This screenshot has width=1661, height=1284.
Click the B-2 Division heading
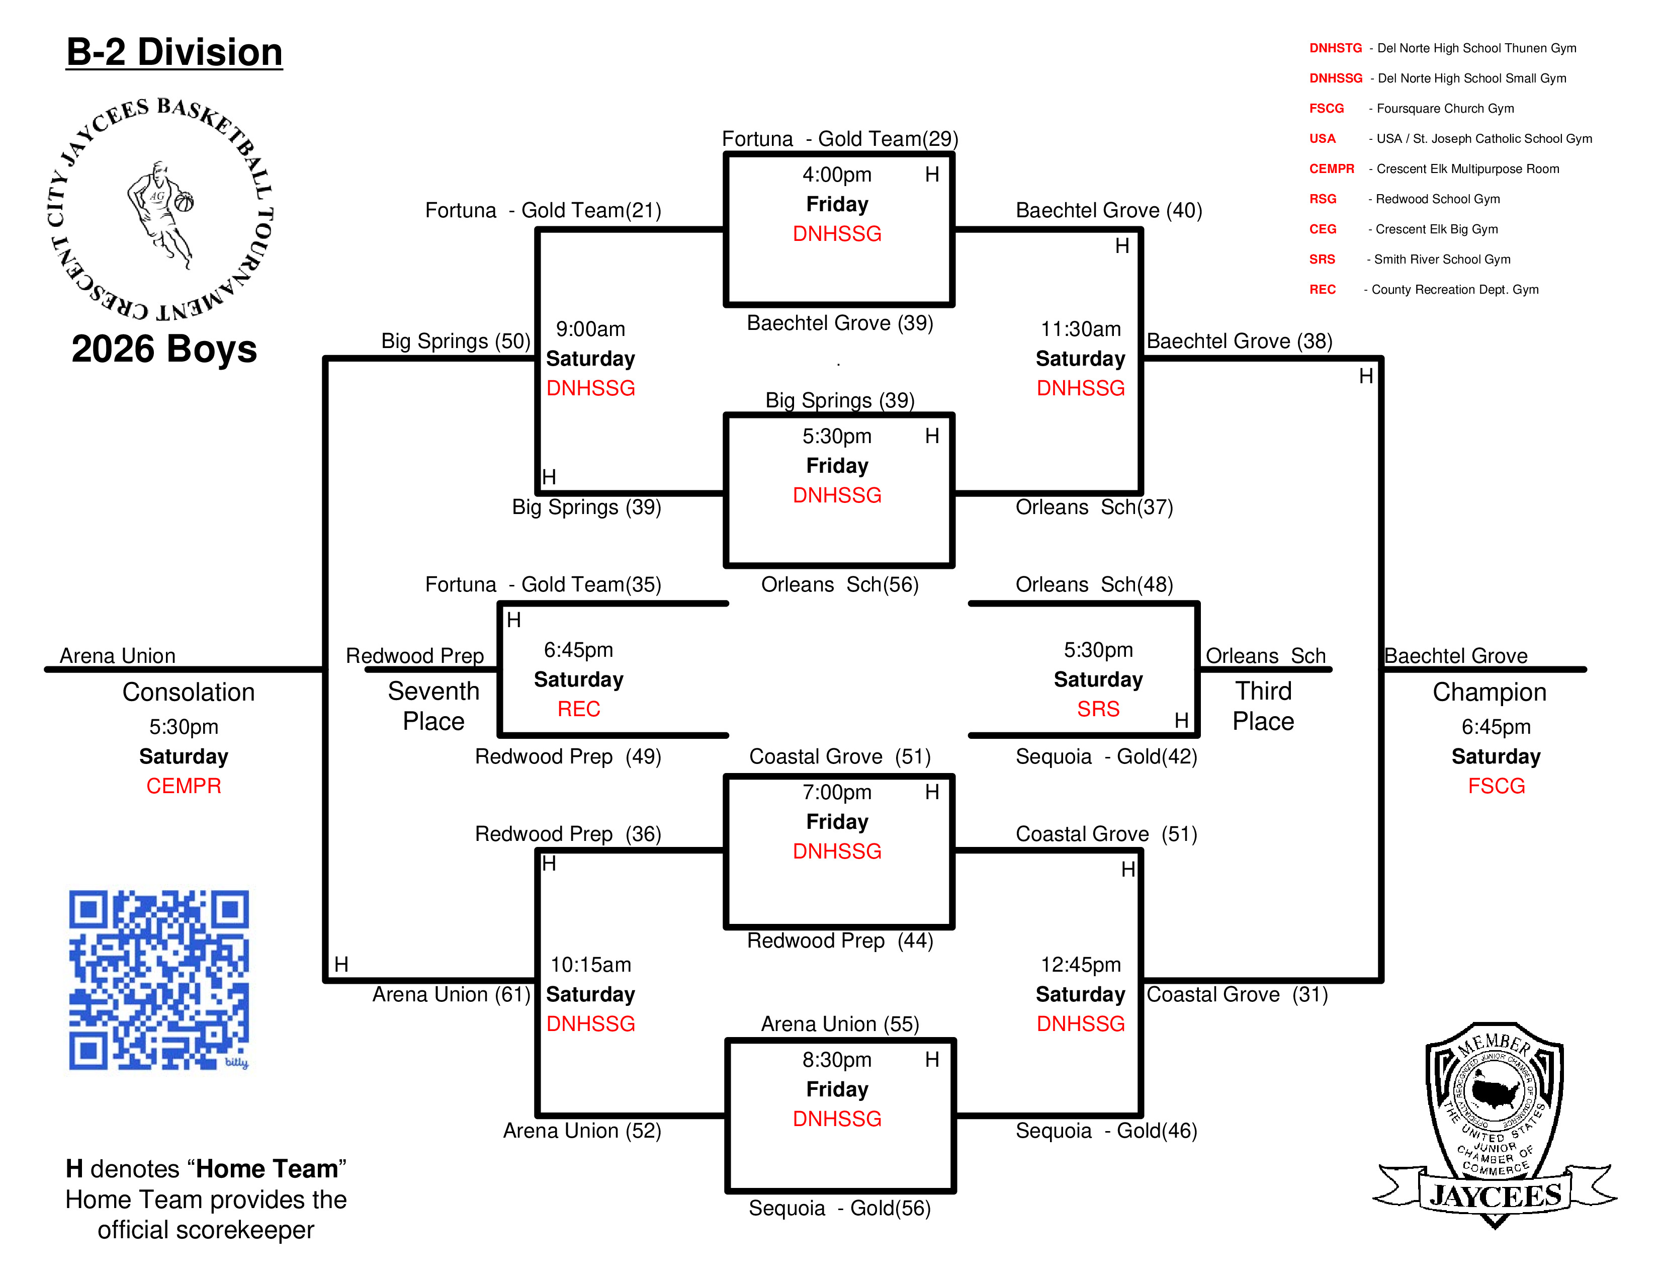[174, 52]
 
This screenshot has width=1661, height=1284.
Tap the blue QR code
[159, 980]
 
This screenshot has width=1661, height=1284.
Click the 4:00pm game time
[837, 175]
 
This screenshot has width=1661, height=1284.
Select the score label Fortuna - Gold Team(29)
[840, 139]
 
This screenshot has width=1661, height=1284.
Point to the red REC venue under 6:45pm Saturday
[579, 709]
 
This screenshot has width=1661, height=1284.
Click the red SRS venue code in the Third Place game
[1098, 709]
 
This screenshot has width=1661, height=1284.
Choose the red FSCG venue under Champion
[1496, 786]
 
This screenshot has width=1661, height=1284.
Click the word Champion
[1489, 692]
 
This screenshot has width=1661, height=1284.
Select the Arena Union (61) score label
[451, 995]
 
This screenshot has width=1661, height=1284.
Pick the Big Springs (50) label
[456, 341]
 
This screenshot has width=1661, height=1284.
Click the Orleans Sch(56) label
[840, 585]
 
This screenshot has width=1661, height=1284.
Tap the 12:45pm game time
[1081, 965]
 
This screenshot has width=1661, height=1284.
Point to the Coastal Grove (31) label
[1237, 995]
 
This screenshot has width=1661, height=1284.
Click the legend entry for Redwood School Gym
[1404, 199]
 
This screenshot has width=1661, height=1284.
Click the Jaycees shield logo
[1495, 1124]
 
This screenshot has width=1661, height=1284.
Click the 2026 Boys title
[164, 349]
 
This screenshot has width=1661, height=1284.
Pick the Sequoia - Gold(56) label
[840, 1209]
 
